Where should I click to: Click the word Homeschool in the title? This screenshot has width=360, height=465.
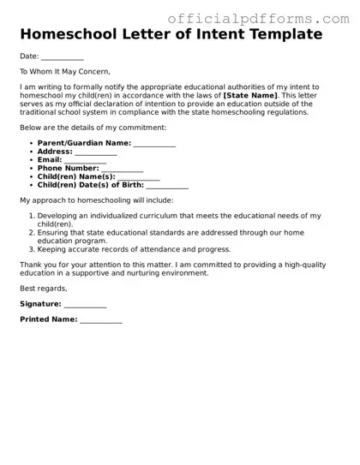point(70,35)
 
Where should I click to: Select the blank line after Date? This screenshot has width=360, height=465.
point(62,57)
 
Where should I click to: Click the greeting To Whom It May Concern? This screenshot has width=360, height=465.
point(65,72)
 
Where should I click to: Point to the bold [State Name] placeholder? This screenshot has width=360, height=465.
point(250,95)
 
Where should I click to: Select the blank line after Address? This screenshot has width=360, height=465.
point(95,152)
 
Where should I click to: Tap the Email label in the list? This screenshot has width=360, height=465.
point(49,160)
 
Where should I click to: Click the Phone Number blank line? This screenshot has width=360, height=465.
point(122,169)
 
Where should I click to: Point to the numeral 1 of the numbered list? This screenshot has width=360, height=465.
point(31,216)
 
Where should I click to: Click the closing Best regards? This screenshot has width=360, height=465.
point(43,288)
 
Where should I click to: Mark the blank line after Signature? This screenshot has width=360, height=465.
point(85,304)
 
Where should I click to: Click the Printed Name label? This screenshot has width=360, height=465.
point(48,319)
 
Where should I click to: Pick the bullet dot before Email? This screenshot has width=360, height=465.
point(31,160)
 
